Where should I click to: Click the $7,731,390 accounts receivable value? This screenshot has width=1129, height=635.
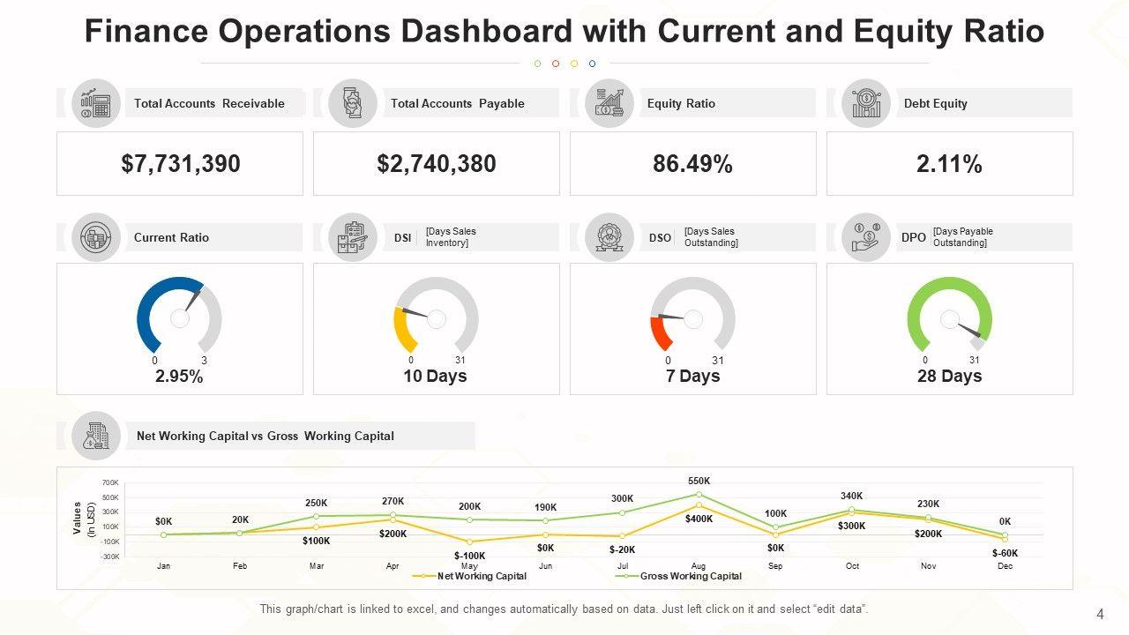pos(180,164)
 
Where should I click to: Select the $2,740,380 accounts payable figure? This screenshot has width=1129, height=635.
pos(436,164)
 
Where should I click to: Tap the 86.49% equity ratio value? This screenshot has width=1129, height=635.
pos(692,164)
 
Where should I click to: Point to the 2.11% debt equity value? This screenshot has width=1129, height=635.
pos(949,164)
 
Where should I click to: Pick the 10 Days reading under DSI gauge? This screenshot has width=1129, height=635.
pos(436,377)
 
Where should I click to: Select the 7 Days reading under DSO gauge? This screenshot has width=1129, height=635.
pos(692,377)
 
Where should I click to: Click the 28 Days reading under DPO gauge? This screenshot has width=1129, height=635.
pos(949,377)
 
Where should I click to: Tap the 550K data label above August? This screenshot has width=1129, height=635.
pos(699,481)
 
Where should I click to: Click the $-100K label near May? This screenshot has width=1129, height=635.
pos(469,556)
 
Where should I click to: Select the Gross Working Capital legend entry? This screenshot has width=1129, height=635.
pos(691,576)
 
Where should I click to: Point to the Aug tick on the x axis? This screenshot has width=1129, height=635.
pos(699,566)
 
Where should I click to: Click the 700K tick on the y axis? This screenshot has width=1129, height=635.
pos(110,483)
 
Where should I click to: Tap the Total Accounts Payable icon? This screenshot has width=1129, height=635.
pos(353,103)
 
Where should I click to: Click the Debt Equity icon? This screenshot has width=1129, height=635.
pos(866,103)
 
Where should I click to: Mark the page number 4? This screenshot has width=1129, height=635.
pos(1100,614)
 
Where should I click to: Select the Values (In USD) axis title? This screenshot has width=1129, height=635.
pos(84,519)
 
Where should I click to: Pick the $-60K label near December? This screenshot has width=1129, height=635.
pos(1005,553)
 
